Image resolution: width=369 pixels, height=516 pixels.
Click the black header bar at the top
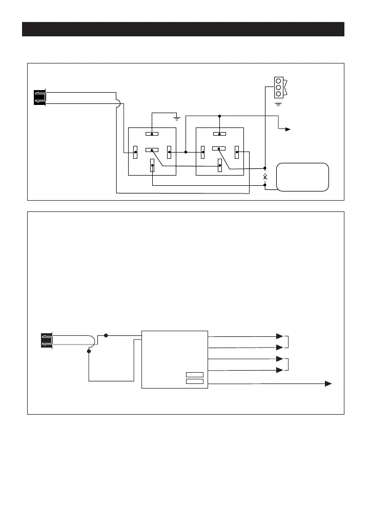(183, 29)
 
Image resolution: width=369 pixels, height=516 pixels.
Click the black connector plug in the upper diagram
(39, 97)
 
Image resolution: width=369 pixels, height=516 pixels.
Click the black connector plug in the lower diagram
(46, 340)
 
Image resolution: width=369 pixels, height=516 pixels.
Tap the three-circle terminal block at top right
(278, 87)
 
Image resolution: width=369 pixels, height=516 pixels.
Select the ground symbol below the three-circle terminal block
(278, 104)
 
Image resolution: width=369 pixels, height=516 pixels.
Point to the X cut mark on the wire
(265, 177)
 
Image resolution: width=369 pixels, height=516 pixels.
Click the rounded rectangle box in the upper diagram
(302, 177)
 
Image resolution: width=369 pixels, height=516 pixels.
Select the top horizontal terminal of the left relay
(152, 134)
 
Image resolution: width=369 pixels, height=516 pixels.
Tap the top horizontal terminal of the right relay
(219, 134)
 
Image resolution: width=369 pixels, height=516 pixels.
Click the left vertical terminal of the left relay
(135, 152)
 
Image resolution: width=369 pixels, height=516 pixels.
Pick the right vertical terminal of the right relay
(237, 152)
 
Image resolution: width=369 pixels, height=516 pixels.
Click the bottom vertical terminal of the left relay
(152, 165)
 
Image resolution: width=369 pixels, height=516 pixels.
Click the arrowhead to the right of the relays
(288, 130)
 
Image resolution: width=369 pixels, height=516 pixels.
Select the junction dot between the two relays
(186, 152)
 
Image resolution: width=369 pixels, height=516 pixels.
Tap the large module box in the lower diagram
(174, 359)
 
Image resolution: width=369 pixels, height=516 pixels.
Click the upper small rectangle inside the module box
(195, 375)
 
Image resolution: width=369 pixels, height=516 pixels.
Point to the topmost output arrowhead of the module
(279, 336)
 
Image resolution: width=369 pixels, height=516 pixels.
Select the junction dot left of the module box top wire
(106, 335)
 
